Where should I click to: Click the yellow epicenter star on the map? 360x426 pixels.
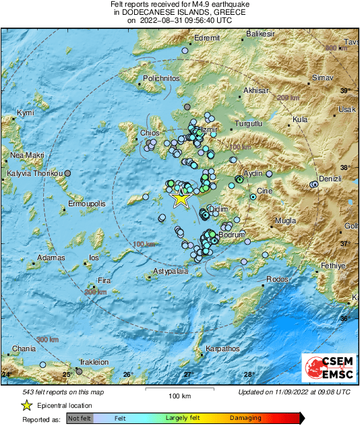point(181,198)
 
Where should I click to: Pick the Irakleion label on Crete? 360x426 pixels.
point(94,362)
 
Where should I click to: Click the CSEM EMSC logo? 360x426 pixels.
point(326,369)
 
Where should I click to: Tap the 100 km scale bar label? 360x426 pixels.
point(180,396)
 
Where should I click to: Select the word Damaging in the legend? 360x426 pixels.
point(245,418)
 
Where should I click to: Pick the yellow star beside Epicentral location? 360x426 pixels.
point(26,406)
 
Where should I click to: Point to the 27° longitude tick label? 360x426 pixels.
point(189,374)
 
